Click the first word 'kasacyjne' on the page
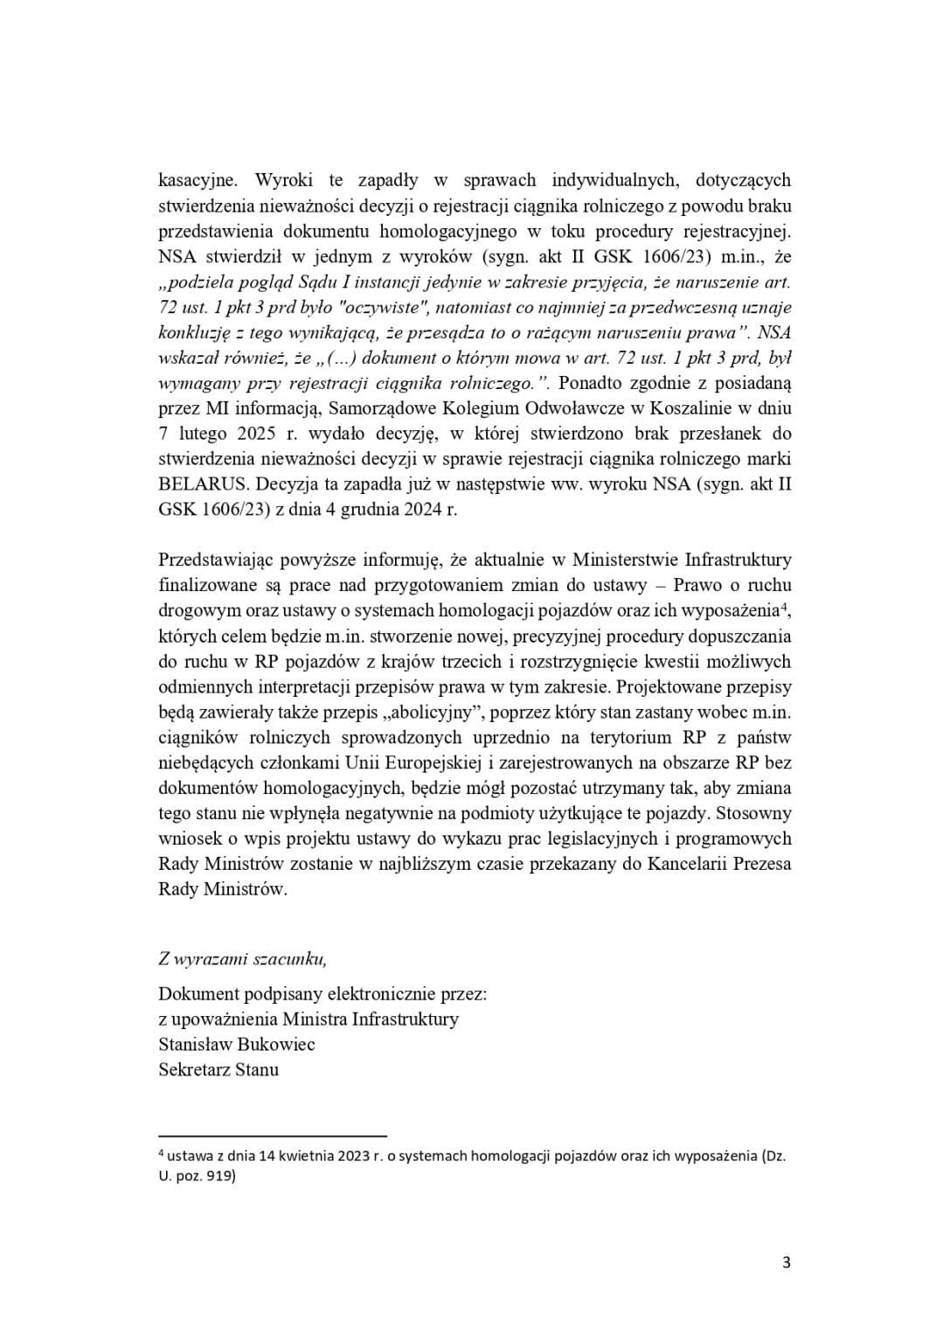coord(197,181)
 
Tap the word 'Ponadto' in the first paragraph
coord(595,383)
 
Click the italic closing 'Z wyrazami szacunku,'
coord(243,958)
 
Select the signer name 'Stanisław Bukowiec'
coord(237,1044)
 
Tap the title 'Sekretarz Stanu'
coord(218,1069)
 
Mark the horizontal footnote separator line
coord(273,1135)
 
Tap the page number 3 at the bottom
coord(787,1263)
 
